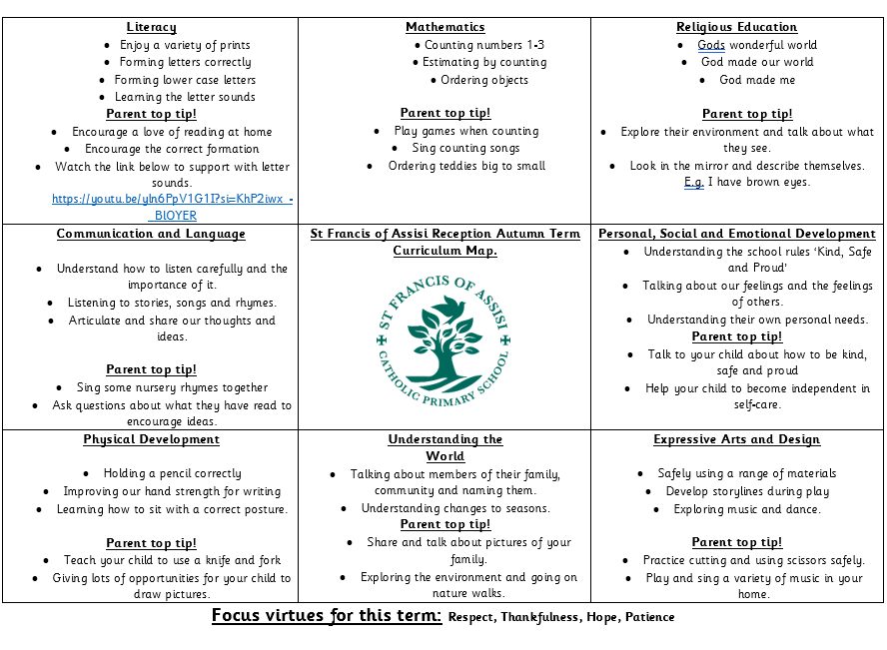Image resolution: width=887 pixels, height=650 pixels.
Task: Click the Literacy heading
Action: point(151,27)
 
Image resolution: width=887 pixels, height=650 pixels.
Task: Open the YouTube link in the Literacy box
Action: point(172,200)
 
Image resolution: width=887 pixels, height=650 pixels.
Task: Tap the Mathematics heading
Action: point(444,27)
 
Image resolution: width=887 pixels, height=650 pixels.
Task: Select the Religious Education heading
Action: point(736,27)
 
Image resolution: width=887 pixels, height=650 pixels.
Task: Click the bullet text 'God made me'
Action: point(757,80)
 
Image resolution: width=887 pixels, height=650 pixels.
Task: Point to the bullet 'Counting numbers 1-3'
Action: point(483,45)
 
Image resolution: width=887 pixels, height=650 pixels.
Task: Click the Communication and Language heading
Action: point(151,234)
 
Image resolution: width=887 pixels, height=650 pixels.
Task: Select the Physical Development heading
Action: point(151,439)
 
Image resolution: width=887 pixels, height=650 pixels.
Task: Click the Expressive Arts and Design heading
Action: point(736,439)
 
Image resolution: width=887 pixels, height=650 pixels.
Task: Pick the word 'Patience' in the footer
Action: point(649,617)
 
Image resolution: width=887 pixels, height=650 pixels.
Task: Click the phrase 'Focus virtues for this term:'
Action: point(326,616)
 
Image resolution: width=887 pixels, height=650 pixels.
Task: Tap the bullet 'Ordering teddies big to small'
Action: point(466,166)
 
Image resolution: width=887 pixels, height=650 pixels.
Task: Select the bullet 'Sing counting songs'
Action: point(465,148)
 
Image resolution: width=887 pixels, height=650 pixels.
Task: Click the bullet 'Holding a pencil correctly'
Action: point(172,474)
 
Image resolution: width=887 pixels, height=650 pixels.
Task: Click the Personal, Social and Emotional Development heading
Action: point(736,234)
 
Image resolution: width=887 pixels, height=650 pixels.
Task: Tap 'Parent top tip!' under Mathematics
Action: point(444,113)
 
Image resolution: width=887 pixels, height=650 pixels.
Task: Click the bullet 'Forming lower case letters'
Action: point(186,80)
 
